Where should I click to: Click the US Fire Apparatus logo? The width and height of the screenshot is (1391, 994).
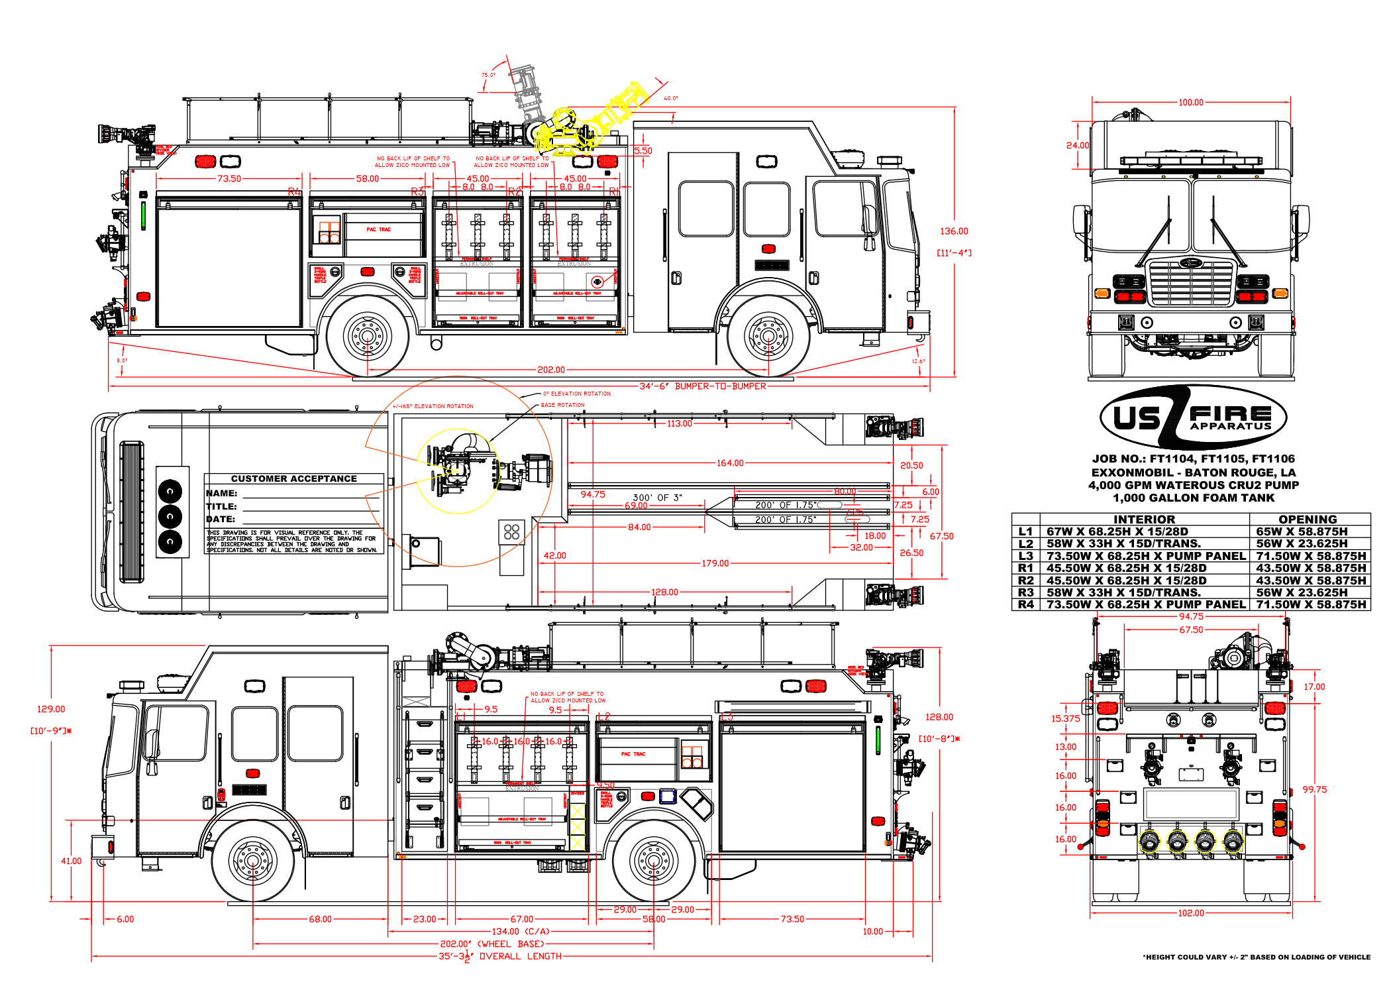tap(1193, 417)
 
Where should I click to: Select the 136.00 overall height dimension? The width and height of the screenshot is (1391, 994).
tap(954, 231)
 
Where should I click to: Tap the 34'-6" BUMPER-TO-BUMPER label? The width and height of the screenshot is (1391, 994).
tap(702, 386)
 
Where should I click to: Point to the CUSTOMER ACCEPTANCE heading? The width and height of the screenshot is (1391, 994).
tap(293, 478)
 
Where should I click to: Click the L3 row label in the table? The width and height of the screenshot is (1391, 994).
tap(1025, 556)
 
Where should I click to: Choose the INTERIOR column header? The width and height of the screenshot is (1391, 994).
tap(1144, 520)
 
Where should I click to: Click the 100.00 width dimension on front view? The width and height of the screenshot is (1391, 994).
tap(1190, 103)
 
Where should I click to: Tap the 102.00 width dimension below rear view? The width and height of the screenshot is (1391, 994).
tap(1190, 913)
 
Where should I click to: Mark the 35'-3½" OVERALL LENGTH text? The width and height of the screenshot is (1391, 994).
tap(500, 956)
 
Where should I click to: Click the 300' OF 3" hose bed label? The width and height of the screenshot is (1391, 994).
tap(657, 498)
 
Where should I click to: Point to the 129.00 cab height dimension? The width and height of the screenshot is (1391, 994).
tap(51, 709)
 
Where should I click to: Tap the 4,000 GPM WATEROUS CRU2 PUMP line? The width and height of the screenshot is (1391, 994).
tap(1193, 485)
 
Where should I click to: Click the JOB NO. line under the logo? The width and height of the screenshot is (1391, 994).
tap(1193, 459)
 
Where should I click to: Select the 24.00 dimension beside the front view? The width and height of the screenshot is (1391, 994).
tap(1077, 145)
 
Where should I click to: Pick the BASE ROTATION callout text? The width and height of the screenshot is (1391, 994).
tap(562, 405)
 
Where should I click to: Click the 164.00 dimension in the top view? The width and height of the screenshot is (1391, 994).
tap(729, 463)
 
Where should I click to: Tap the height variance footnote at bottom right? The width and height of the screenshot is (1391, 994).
tap(1256, 957)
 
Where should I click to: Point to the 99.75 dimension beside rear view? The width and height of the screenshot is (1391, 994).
tap(1314, 789)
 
